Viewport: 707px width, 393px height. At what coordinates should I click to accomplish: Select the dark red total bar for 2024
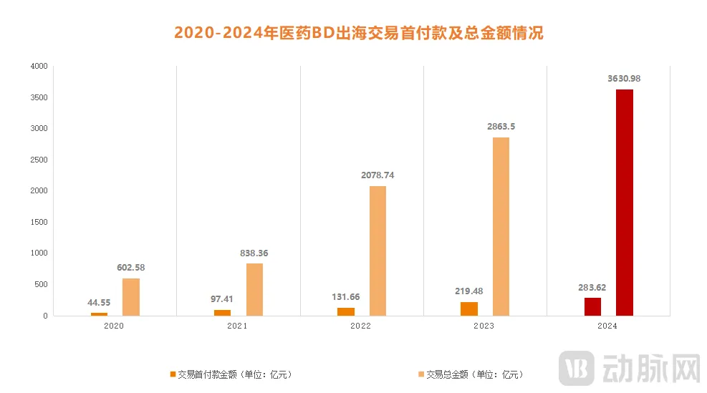point(624,203)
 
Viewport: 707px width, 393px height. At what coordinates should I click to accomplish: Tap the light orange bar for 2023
point(501,226)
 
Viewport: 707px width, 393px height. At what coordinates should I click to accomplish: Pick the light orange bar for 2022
point(377,251)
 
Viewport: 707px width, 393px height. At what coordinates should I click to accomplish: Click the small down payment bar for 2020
point(99,314)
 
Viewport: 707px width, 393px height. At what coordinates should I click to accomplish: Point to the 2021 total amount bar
point(254,289)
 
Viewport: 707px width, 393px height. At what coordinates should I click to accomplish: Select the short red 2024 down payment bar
point(592,306)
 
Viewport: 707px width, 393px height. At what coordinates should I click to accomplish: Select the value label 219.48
point(470,291)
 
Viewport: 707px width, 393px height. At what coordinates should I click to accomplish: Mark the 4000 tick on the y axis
point(39,67)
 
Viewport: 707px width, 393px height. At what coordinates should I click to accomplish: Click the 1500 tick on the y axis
point(39,222)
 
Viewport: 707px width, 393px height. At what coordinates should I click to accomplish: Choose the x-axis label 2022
point(362,325)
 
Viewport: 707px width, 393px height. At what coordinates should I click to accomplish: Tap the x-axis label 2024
point(608,325)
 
